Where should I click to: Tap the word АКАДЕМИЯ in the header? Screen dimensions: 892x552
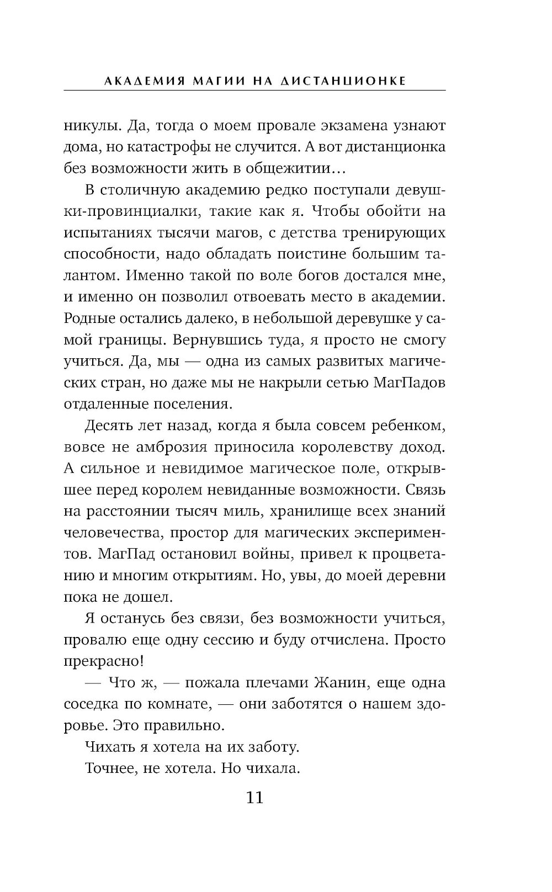tap(135, 81)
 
